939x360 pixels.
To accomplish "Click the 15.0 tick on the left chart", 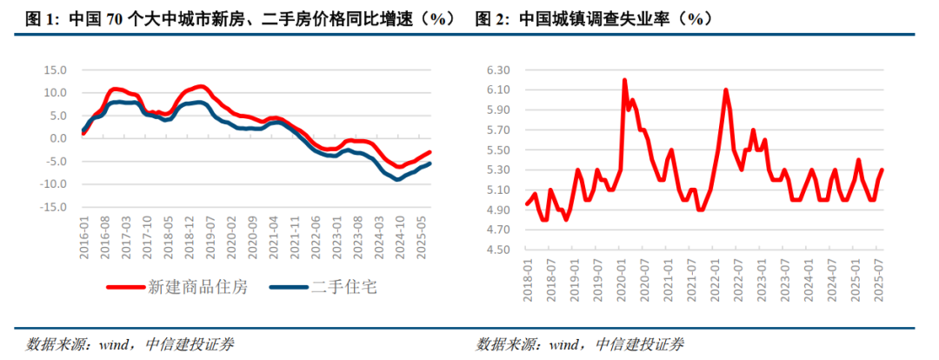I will (55, 70).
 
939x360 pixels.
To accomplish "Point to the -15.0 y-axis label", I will (53, 207).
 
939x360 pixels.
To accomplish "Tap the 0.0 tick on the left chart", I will (57, 138).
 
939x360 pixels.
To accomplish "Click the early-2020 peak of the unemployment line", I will (624, 80).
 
